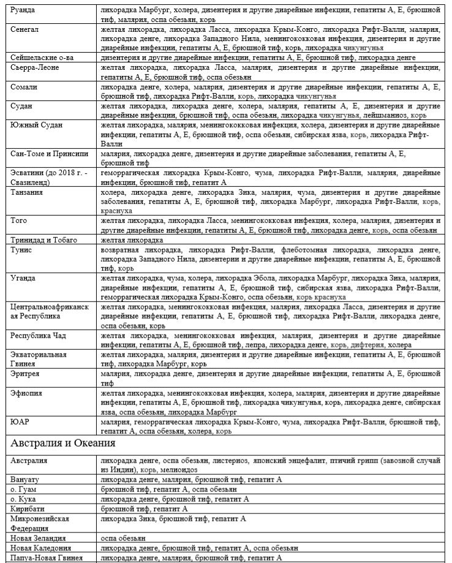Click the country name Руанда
point(24,11)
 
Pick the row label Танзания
point(27,192)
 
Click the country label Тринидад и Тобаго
point(47,240)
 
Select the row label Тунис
point(21,250)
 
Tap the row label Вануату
point(26,479)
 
